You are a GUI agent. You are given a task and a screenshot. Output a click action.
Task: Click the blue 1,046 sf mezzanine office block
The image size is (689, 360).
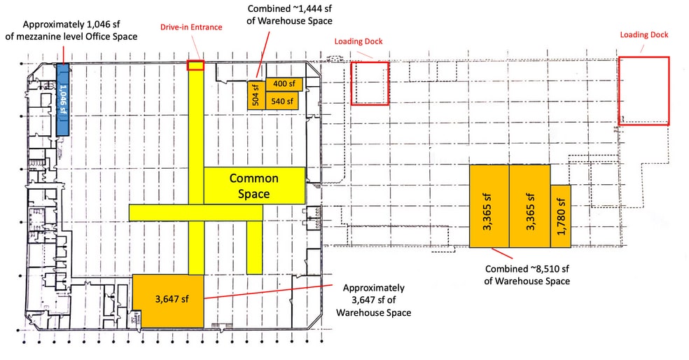[x=63, y=99]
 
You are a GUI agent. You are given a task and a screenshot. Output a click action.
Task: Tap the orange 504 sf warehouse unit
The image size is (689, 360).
[x=256, y=95]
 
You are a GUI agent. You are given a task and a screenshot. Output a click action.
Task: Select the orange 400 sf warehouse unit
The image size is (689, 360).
[x=284, y=83]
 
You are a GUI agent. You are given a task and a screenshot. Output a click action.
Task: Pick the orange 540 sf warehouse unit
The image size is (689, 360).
[x=282, y=101]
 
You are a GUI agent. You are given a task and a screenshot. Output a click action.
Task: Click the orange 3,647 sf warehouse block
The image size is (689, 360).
[x=168, y=300]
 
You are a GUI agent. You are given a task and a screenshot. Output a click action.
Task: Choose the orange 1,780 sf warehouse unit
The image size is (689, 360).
[x=561, y=216]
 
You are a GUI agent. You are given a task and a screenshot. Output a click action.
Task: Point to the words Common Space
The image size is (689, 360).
[x=254, y=186]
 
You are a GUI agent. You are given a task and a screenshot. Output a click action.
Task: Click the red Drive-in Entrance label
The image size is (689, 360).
[x=191, y=27]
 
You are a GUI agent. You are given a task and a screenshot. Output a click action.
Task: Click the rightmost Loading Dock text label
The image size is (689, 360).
[x=643, y=35]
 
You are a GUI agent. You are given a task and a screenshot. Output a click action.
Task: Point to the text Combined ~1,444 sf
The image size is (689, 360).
[x=289, y=8]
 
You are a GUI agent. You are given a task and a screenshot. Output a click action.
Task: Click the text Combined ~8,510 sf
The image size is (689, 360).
[x=527, y=268]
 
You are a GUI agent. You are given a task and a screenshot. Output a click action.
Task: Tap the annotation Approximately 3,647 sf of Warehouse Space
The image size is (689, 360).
[x=373, y=300]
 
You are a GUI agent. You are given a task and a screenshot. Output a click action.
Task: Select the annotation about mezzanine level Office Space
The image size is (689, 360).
[x=71, y=30]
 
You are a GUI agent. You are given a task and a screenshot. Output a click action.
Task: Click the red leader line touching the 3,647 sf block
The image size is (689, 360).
[x=268, y=291]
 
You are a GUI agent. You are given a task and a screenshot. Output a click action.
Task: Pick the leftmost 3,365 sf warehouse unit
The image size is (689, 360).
[x=489, y=206]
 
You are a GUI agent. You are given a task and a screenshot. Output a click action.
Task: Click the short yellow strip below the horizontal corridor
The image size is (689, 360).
[x=254, y=247]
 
